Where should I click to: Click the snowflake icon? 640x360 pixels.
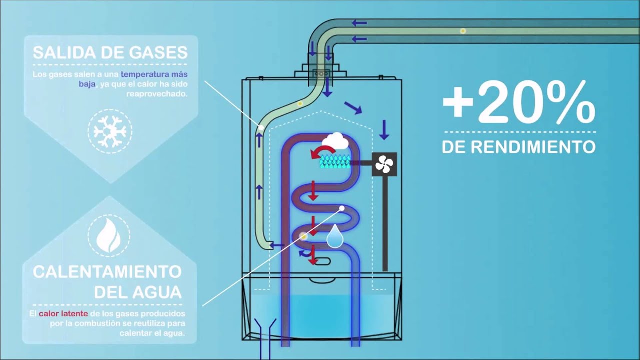coord(110,131)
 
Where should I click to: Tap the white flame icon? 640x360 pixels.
coord(108,235)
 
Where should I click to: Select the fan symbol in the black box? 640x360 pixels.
coord(384,164)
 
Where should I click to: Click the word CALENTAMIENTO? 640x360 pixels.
coord(107,272)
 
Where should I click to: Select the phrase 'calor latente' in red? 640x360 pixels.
coord(63,313)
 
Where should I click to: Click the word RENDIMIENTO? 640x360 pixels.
coord(533,147)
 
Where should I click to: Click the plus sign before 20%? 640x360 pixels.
coord(458,104)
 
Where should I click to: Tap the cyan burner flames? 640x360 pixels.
coord(335,161)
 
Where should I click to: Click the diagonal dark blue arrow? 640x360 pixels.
coord(353,108)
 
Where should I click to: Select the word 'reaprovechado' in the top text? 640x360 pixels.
coord(157,94)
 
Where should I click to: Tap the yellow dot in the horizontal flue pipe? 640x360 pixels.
coord(463,31)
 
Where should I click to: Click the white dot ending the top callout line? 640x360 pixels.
coord(261,128)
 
